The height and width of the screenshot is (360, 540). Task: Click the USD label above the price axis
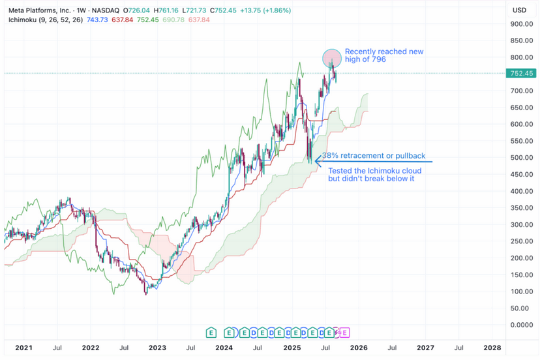[519, 10]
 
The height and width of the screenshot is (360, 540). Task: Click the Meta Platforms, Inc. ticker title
[39, 10]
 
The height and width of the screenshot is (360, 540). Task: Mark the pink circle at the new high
[332, 58]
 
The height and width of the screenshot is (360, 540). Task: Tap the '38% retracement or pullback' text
[374, 157]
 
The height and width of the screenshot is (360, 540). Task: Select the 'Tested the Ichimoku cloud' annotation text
[374, 170]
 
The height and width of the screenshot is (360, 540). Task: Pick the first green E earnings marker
[211, 333]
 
